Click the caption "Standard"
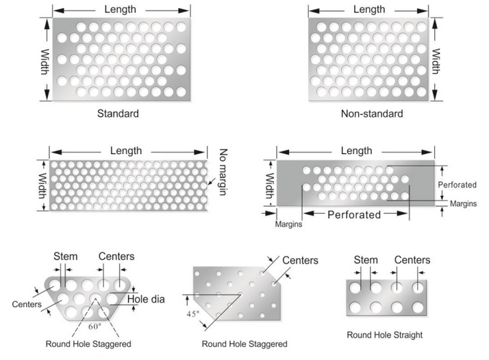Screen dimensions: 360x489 (118, 114)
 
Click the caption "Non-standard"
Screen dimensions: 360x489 (372, 114)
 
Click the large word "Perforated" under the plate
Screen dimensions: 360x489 (353, 214)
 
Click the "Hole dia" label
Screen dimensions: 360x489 (146, 299)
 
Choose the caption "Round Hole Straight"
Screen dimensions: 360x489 (384, 335)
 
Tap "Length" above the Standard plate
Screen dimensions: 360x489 (120, 9)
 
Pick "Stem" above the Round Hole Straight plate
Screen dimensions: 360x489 (366, 260)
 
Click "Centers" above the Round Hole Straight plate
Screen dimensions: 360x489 (412, 260)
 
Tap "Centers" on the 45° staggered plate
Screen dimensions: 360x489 (300, 260)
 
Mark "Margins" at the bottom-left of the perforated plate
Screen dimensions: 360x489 (288, 224)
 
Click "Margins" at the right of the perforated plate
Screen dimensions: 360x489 (463, 203)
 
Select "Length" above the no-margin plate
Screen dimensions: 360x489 (126, 151)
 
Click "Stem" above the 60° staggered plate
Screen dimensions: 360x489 (66, 257)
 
